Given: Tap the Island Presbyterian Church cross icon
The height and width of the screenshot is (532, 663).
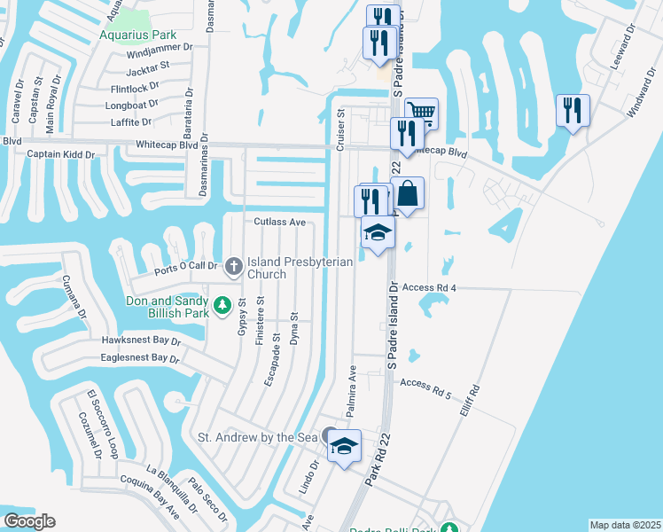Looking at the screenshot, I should pos(234,264).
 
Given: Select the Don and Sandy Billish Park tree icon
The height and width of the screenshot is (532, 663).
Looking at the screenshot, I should pos(223,306).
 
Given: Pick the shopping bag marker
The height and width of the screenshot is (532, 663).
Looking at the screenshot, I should pos(408,193).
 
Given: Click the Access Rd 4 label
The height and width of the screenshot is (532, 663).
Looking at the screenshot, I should pos(428,288).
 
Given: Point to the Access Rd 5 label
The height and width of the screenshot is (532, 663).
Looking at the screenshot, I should pos(425,387).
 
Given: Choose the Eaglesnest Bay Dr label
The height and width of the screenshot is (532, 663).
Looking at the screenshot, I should pos(140,357).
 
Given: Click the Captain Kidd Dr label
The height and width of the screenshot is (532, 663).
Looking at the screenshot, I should pos(60,154).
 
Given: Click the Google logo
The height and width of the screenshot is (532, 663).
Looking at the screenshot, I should pos(29,520).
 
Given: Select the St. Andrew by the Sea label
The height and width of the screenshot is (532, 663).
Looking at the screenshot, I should pos(257,437).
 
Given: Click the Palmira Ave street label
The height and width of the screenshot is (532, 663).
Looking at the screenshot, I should pos(351,390).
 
